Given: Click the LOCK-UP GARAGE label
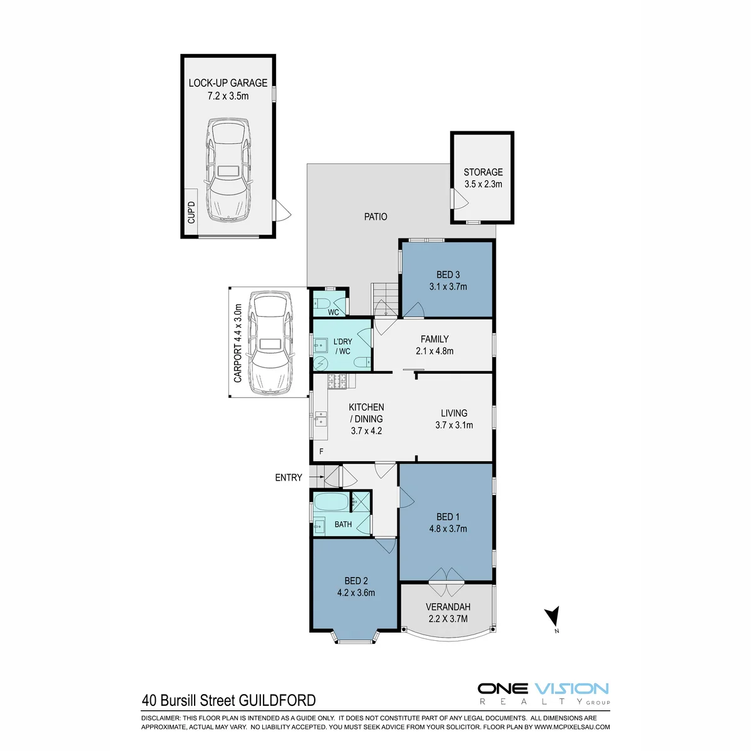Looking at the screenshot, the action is click(x=228, y=83).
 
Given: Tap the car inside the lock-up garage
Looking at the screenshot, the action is click(x=228, y=170).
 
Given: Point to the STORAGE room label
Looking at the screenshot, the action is click(x=483, y=172).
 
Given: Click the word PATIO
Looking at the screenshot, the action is click(x=375, y=217).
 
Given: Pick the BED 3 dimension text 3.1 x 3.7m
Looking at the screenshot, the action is click(x=448, y=287).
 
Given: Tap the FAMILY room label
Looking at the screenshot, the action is click(x=434, y=339).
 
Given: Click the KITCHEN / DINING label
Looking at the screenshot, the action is click(x=366, y=412).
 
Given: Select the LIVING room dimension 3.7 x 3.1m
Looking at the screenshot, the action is click(x=454, y=425).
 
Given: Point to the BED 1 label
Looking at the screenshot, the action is click(x=448, y=517).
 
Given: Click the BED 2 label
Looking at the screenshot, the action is click(x=356, y=581).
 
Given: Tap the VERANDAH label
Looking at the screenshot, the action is click(x=448, y=607).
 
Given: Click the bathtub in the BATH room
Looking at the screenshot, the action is click(x=331, y=502).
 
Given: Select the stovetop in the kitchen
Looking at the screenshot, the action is click(x=337, y=381).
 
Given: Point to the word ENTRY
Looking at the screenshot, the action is click(x=289, y=478).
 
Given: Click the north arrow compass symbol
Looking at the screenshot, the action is click(x=553, y=617).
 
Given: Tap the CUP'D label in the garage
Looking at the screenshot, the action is click(x=192, y=212).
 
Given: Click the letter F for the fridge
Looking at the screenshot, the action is click(x=321, y=452).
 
